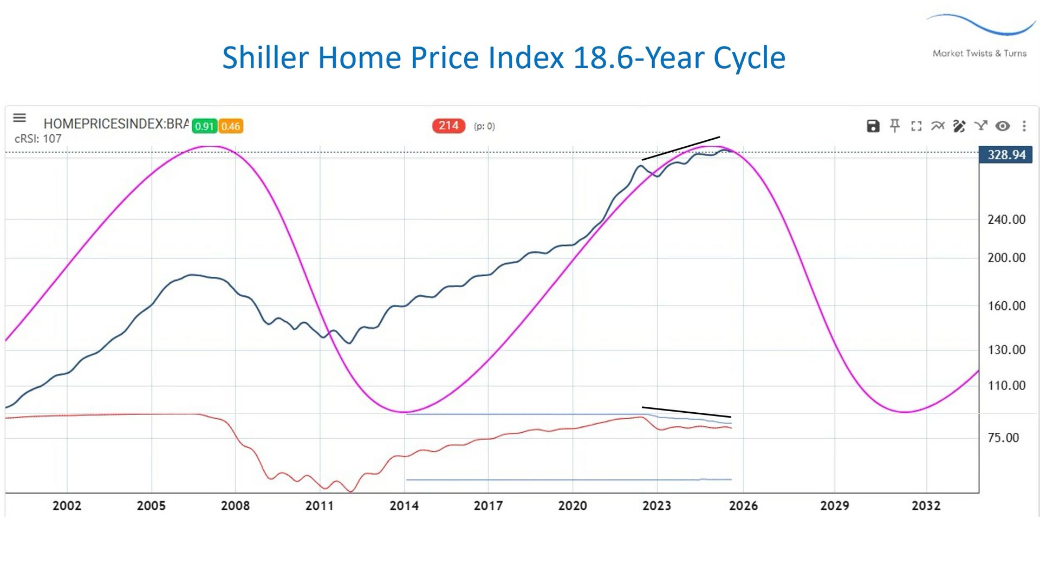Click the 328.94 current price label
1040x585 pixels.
click(x=1006, y=155)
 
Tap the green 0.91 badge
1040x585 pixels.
click(x=204, y=126)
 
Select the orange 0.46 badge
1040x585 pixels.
click(x=230, y=126)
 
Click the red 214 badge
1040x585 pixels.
click(x=448, y=126)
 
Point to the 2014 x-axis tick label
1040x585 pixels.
click(x=404, y=506)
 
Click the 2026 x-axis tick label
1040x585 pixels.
click(x=743, y=506)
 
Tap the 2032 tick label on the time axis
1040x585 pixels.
click(x=926, y=506)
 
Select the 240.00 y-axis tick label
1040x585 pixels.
click(x=1006, y=219)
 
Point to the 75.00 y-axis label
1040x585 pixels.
click(x=1003, y=438)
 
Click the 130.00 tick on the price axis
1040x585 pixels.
click(x=1006, y=350)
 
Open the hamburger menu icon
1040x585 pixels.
click(x=19, y=118)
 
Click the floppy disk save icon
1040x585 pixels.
click(x=873, y=126)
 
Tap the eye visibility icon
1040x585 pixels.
click(x=1003, y=126)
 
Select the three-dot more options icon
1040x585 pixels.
click(x=1024, y=126)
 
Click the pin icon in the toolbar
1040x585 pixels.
click(x=895, y=126)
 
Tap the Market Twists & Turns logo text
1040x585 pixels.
click(x=979, y=53)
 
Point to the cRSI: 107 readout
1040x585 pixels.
click(x=38, y=139)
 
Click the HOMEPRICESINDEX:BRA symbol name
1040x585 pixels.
click(x=116, y=124)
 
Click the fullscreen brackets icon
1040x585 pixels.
click(x=916, y=126)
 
